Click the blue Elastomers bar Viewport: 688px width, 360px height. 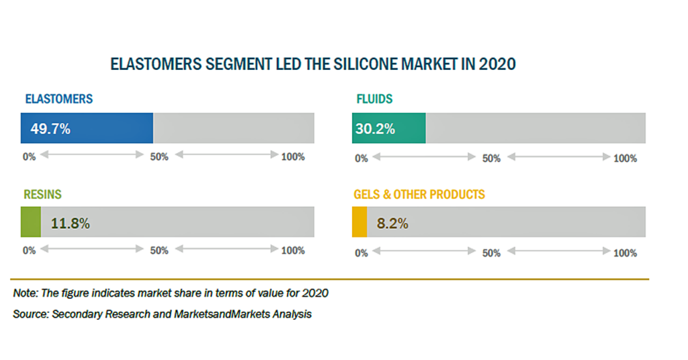tap(87, 128)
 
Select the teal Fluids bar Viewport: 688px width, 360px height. tap(389, 128)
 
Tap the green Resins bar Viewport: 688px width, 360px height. tap(31, 222)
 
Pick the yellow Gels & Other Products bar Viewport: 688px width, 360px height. tap(359, 222)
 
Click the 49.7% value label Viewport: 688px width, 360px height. tap(50, 128)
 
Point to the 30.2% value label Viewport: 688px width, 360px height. tap(375, 128)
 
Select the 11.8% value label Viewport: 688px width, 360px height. tap(70, 223)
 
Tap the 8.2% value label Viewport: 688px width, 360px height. tap(392, 223)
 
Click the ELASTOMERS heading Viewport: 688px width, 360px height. tap(59, 99)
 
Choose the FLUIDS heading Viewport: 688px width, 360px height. tap(374, 99)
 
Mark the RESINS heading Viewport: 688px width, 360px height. tap(42, 194)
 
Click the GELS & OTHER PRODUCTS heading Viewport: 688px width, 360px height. tap(419, 194)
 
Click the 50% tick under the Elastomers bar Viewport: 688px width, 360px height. tap(159, 157)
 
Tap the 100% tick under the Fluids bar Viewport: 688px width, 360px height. tap(625, 159)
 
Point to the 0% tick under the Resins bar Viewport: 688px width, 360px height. tap(29, 251)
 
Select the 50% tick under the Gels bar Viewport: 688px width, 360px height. tap(491, 253)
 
